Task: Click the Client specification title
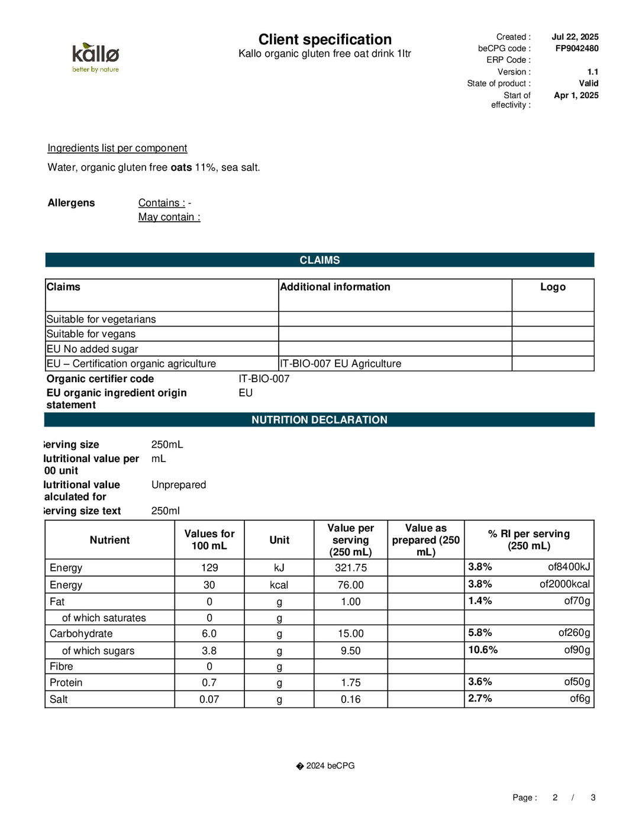tap(325, 40)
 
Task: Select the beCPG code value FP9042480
tap(576, 49)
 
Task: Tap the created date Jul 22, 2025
tap(575, 37)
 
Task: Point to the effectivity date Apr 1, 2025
tap(576, 95)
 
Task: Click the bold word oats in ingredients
tap(181, 167)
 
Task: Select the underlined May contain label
tap(169, 217)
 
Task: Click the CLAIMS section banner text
tap(319, 260)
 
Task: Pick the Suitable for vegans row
tap(91, 334)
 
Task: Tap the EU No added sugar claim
tap(92, 349)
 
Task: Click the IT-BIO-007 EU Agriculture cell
tap(341, 364)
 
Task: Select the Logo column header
tap(553, 287)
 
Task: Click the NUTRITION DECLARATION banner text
tap(319, 420)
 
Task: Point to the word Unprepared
tap(179, 484)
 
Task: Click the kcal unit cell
tap(279, 585)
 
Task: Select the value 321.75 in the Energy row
tap(351, 568)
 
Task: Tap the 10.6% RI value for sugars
tap(483, 650)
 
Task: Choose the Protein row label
tap(66, 683)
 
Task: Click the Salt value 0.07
tap(209, 699)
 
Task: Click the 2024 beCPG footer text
tap(330, 765)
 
